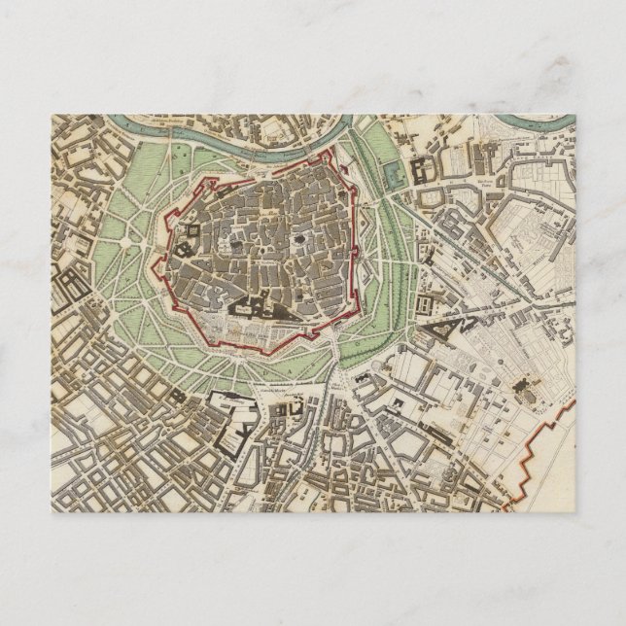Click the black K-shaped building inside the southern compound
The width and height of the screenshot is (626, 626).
coord(239,427)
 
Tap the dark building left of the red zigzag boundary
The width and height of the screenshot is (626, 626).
coord(526,389)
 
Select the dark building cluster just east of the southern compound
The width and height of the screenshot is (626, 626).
coord(288,413)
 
